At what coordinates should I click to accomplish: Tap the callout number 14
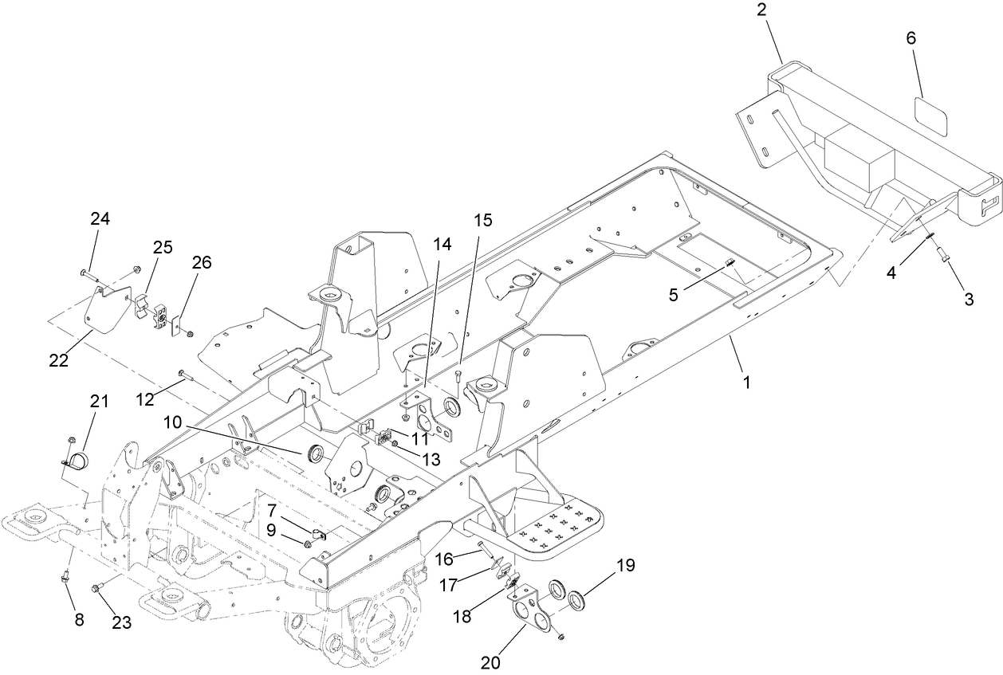point(442,245)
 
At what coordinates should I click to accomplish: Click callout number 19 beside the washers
point(625,567)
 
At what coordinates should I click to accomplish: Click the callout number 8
point(78,621)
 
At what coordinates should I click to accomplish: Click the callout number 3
point(969,300)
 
